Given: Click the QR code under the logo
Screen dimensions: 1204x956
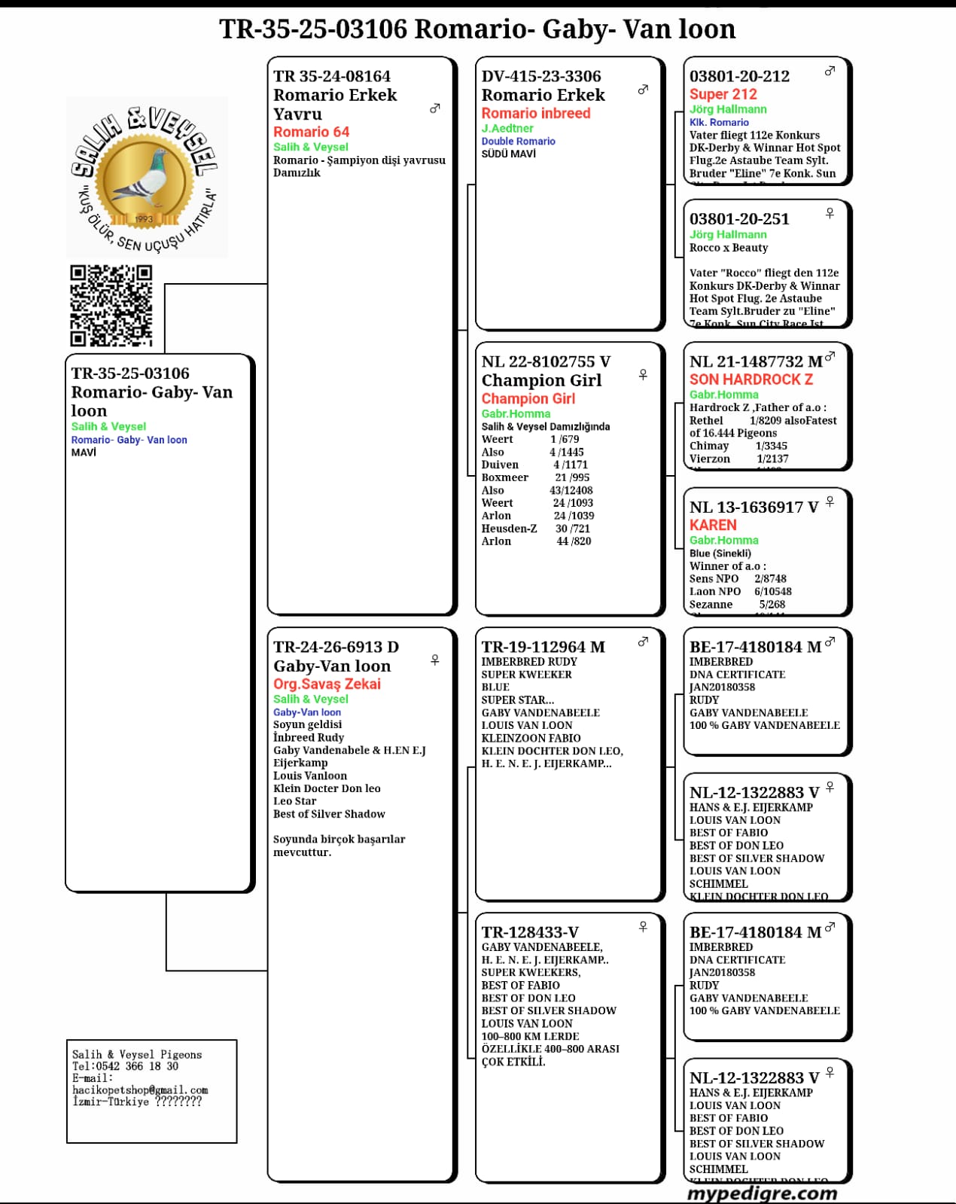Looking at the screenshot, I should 111,305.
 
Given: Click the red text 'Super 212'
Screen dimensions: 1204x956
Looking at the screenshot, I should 723,94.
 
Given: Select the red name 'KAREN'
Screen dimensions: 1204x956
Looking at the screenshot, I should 713,525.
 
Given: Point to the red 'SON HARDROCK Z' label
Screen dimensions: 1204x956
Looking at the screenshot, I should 750,379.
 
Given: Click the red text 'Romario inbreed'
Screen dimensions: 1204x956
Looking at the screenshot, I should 535,113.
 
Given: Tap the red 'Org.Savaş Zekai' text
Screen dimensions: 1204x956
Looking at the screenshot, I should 327,684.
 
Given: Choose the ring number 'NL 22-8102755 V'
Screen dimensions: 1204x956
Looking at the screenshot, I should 546,361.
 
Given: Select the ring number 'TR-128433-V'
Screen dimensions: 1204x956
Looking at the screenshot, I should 530,932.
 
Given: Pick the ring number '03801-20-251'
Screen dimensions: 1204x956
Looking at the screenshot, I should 739,219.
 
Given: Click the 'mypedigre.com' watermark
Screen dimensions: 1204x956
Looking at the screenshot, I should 762,1193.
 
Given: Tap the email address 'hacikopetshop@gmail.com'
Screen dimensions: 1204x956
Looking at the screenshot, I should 140,1090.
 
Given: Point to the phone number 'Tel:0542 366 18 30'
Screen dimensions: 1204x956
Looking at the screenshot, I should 125,1066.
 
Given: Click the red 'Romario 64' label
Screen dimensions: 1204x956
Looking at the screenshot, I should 311,132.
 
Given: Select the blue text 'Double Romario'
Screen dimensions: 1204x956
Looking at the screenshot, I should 518,141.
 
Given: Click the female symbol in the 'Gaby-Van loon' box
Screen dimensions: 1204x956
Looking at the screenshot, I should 434,660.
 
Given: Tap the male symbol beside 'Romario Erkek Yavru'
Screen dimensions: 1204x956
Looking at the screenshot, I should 434,108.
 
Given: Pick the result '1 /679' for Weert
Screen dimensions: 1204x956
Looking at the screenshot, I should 565,439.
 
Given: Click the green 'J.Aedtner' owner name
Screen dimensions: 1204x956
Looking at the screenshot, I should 507,128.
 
